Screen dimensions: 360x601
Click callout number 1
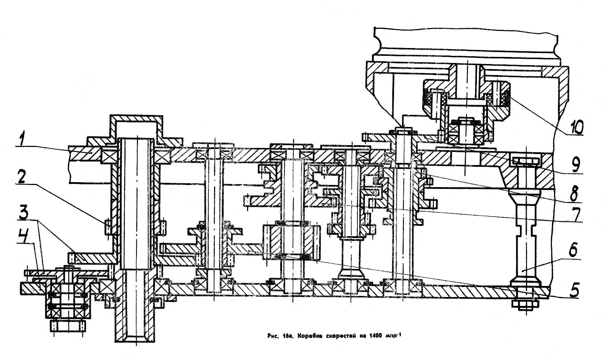22,140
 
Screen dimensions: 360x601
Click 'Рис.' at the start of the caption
272,335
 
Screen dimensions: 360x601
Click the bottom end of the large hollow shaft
136,336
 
